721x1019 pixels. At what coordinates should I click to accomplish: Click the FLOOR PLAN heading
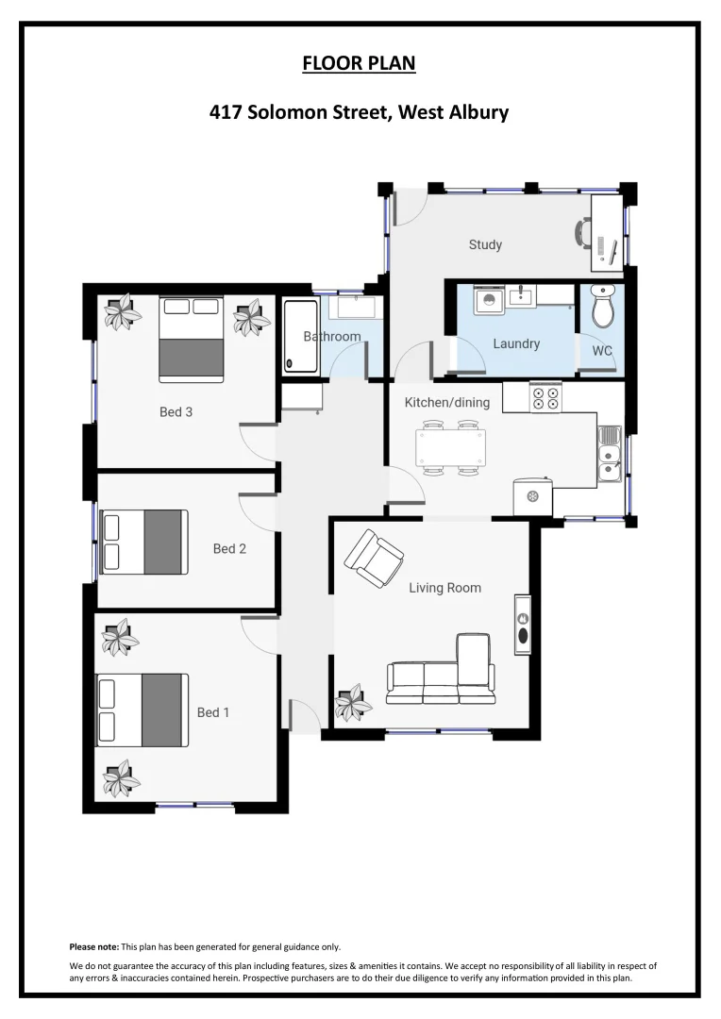tap(359, 64)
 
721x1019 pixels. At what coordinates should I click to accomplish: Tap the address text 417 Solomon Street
tap(359, 112)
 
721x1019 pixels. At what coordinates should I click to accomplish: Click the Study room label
tap(485, 245)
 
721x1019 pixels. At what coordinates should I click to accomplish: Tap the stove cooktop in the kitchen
tap(545, 397)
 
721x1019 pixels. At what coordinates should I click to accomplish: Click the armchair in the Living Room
tap(374, 558)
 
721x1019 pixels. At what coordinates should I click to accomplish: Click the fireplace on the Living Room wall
tap(522, 625)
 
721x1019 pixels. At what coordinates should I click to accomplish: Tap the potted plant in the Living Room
tap(354, 703)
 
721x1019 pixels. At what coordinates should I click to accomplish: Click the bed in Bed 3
tap(191, 340)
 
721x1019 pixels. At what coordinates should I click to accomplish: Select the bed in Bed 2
tap(144, 542)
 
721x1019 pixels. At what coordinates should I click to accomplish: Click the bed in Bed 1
tap(142, 710)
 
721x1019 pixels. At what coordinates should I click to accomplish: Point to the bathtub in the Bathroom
tap(300, 336)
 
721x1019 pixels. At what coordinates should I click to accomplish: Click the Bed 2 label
tap(229, 548)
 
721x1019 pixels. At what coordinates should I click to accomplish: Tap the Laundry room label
tap(516, 343)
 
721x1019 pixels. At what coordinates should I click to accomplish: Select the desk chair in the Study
tap(584, 232)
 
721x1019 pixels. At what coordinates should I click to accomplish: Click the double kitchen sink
tap(610, 451)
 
